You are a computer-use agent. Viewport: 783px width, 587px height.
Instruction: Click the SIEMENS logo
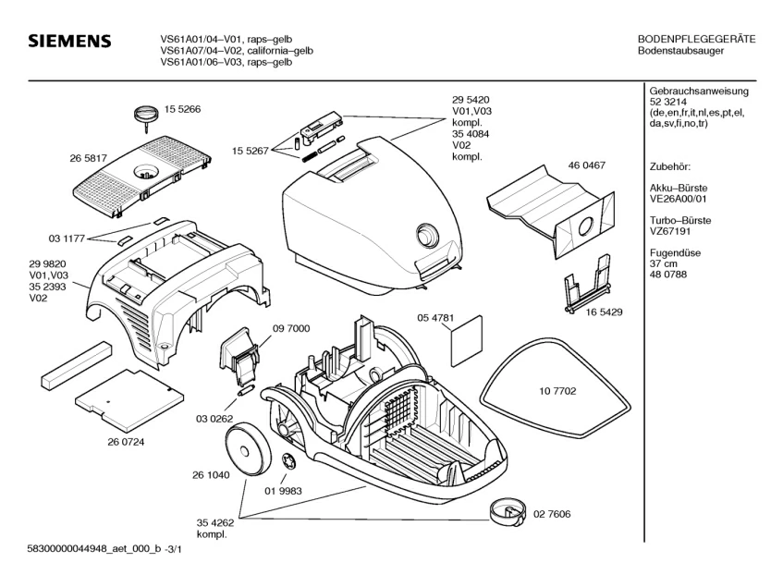tap(69, 43)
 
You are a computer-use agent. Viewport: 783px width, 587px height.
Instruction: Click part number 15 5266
tap(183, 109)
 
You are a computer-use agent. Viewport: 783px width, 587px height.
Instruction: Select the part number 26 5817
tap(89, 158)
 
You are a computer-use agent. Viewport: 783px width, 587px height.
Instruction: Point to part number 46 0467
tap(586, 165)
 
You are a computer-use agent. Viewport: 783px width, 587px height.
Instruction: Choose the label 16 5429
tap(604, 312)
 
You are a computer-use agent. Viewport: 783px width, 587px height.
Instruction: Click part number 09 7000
tap(291, 328)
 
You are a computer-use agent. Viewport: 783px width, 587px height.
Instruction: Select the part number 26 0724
tap(126, 442)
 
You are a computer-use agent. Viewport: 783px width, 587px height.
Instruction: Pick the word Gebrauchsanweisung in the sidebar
tap(699, 92)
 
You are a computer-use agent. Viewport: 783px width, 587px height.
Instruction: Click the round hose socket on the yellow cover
tap(427, 234)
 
